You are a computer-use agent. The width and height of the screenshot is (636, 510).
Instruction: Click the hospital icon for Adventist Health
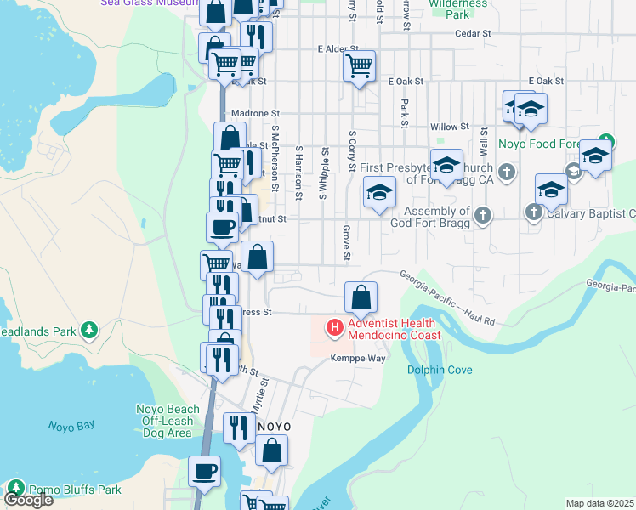tap(335, 326)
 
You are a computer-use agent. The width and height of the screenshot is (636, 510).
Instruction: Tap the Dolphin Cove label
tap(440, 370)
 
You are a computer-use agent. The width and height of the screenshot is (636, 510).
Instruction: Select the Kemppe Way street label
tap(358, 359)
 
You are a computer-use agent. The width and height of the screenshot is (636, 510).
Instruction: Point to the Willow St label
tap(450, 127)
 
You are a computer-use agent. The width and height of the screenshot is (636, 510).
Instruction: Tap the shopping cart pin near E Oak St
tap(360, 65)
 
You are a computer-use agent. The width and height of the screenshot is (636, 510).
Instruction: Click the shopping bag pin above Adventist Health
tap(361, 297)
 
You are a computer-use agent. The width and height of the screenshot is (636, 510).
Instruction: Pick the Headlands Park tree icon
tap(88, 329)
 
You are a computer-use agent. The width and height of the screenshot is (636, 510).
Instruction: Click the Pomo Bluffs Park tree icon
tap(15, 489)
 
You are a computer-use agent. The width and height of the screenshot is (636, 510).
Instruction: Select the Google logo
tap(28, 500)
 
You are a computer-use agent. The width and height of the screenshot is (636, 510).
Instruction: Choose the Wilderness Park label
tap(459, 9)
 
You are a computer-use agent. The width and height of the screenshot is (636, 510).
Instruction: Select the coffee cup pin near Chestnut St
tap(223, 227)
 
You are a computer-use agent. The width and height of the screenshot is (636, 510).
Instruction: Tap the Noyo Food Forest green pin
tap(605, 141)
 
